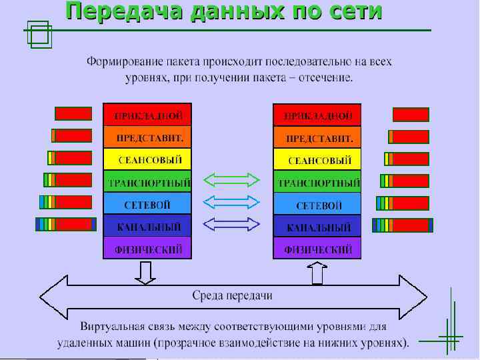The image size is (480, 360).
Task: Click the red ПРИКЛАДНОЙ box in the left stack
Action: coord(147,115)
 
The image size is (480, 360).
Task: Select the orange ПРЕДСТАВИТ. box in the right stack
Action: coord(317,138)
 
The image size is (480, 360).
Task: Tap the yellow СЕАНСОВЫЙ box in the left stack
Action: coord(147,160)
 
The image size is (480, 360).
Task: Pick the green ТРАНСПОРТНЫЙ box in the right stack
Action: coord(317,182)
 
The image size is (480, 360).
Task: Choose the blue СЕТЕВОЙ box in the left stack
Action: coord(147,204)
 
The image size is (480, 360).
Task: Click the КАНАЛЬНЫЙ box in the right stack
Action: coord(317,227)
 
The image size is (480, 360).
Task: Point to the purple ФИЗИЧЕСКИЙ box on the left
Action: coord(147,249)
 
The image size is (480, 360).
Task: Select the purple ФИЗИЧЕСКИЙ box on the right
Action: coord(317,249)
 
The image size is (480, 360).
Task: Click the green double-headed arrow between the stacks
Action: coord(231,179)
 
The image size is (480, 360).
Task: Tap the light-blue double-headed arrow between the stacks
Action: coord(231,201)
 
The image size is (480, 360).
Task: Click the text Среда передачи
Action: coord(232,295)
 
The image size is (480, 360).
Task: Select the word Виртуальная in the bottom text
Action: coord(113,329)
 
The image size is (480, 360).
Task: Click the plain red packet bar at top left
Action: coord(73,114)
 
